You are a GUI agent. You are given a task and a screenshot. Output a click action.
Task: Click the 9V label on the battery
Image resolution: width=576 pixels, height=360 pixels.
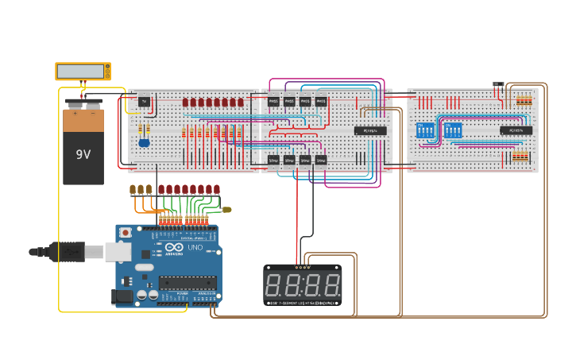[83, 153]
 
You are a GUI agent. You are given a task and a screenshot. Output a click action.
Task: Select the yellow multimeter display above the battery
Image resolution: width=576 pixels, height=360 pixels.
[82, 71]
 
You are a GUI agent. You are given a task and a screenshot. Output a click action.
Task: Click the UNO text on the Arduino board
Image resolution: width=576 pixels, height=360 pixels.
[194, 248]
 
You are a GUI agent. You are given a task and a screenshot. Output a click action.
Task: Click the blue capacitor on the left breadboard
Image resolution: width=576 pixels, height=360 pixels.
[144, 141]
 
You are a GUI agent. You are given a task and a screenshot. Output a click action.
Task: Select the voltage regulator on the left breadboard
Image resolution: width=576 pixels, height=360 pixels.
[144, 101]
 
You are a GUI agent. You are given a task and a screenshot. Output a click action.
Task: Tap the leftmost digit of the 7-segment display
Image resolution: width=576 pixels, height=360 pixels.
[276, 285]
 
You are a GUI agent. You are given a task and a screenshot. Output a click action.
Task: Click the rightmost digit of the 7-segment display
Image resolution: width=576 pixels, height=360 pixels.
[329, 285]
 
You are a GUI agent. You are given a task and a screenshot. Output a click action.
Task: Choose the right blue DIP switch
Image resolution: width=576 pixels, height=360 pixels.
[453, 130]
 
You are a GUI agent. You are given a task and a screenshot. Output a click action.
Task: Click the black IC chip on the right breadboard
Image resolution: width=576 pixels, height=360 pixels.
[516, 130]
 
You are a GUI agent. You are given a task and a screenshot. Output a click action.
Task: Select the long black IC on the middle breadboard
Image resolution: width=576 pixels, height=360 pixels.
[370, 130]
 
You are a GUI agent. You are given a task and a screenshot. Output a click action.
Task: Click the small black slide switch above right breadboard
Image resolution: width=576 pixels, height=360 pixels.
[498, 84]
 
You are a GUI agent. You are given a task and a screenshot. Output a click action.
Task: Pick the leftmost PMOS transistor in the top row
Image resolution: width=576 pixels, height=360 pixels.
[273, 102]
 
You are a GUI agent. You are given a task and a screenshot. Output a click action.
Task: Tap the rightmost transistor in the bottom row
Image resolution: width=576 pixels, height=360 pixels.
[321, 160]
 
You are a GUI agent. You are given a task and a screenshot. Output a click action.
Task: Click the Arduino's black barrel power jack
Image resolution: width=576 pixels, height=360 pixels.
[123, 297]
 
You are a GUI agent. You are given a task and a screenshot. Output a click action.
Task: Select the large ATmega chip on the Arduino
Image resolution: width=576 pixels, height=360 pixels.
[187, 282]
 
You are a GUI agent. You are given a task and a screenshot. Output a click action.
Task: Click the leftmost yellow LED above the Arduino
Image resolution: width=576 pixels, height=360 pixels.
[133, 189]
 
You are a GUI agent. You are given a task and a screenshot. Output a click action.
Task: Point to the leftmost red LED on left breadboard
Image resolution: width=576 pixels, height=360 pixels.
[185, 103]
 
